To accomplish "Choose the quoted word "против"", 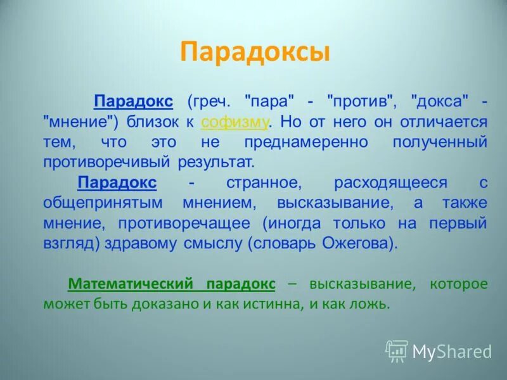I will tap(362, 101).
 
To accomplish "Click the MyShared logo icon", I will tap(397, 351).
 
